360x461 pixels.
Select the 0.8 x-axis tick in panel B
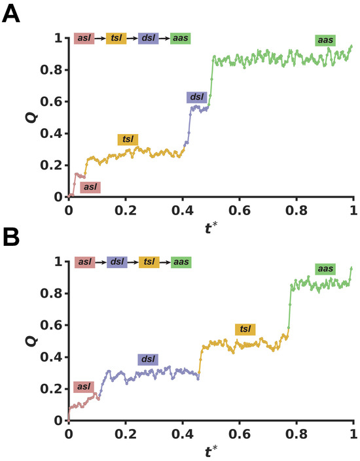click(x=297, y=434)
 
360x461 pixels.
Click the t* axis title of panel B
click(x=211, y=451)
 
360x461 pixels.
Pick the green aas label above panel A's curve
click(x=325, y=41)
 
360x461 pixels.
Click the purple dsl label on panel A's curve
click(x=196, y=97)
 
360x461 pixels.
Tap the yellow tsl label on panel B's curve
click(x=245, y=330)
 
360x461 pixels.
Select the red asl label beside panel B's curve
click(x=84, y=386)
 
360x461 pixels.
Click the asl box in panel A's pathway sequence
click(x=84, y=38)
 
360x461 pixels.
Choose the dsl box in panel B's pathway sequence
click(x=117, y=262)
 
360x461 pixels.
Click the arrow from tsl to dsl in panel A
click(x=132, y=39)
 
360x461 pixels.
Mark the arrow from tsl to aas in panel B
click(x=165, y=262)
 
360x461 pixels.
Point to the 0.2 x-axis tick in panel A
click(x=126, y=210)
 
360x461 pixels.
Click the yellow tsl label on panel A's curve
click(x=128, y=139)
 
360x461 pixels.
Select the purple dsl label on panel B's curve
click(x=148, y=360)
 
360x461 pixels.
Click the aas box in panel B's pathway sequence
click(x=181, y=262)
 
